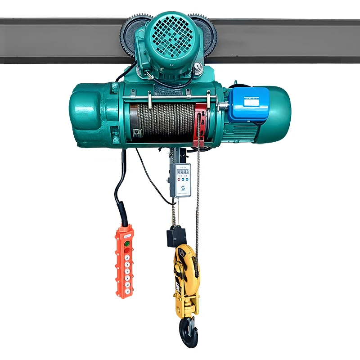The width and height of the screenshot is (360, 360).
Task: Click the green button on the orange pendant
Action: click(x=127, y=244)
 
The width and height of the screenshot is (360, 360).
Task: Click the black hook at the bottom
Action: click(x=188, y=332)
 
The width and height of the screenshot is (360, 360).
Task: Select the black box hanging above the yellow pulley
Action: click(x=176, y=236)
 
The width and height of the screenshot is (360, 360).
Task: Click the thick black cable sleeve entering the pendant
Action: click(x=122, y=211)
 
